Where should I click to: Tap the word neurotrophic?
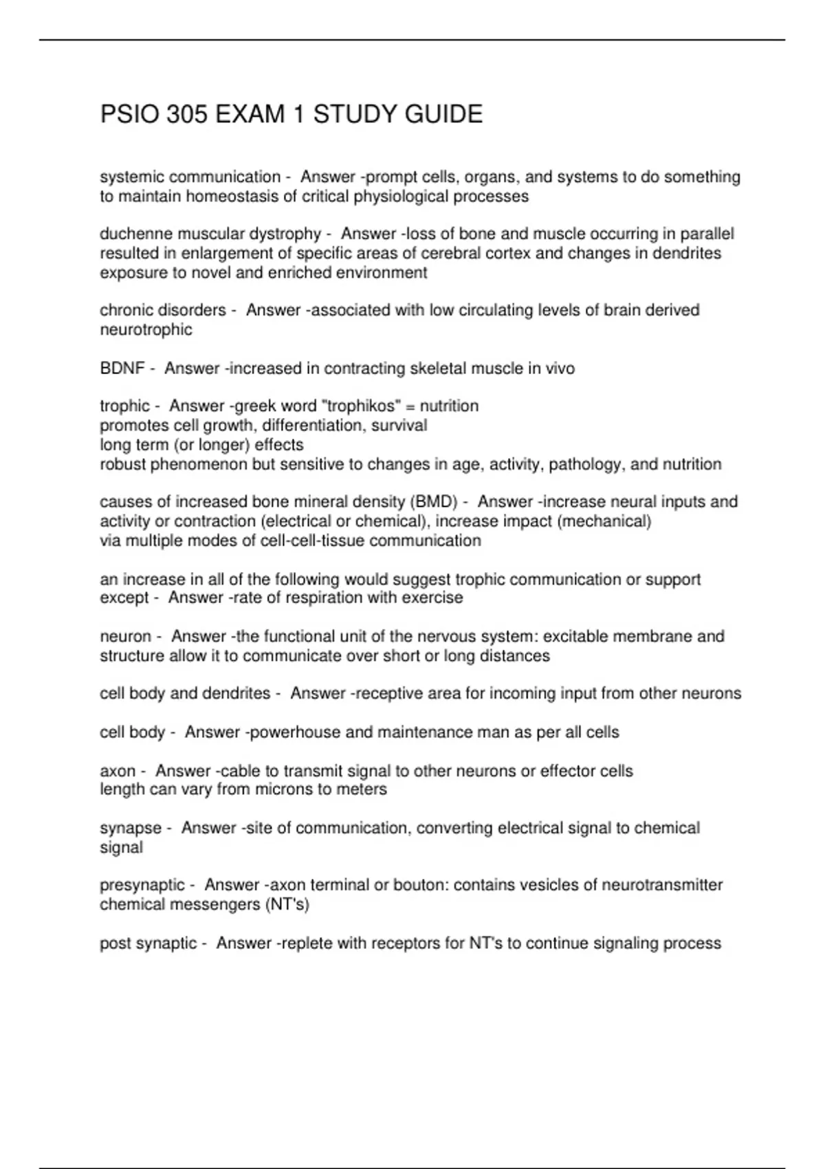point(146,330)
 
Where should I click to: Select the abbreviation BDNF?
point(122,369)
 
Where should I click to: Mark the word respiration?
point(322,598)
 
